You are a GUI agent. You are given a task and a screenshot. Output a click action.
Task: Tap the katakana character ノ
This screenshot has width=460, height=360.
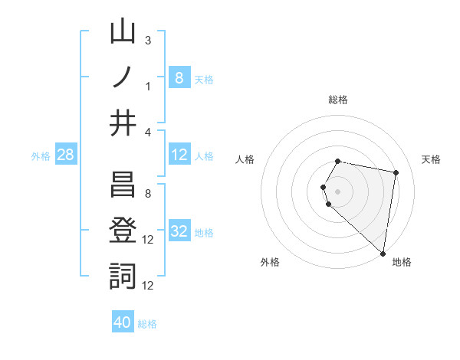(x=123, y=79)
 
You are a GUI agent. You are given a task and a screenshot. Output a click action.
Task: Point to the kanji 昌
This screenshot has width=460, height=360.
(x=123, y=187)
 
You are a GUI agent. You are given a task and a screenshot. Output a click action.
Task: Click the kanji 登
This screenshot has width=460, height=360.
(x=123, y=231)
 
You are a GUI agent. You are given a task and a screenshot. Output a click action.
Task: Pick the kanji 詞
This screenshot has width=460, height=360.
(x=123, y=276)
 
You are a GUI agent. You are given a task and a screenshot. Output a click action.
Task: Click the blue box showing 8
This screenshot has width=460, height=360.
(x=179, y=77)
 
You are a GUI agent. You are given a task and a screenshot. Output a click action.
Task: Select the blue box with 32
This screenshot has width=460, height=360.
(x=179, y=232)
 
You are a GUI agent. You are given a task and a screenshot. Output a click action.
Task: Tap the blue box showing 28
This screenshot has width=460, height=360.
(x=65, y=155)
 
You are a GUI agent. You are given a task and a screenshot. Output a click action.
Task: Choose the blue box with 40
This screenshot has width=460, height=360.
(x=123, y=322)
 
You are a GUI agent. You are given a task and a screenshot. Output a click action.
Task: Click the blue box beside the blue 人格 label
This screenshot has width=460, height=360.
(x=179, y=155)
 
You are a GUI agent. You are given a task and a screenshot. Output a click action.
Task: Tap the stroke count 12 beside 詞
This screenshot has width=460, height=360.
(x=149, y=285)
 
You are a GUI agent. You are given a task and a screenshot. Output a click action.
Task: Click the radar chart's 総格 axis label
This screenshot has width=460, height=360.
(x=338, y=100)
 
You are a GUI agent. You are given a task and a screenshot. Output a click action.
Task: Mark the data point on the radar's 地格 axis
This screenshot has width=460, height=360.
(x=383, y=253)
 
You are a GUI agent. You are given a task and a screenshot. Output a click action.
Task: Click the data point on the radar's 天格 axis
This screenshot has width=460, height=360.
(x=396, y=172)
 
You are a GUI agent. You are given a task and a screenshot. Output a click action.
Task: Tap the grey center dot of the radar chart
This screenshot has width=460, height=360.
(x=338, y=191)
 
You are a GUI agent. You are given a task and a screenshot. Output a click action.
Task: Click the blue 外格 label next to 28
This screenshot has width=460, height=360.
(x=41, y=156)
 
